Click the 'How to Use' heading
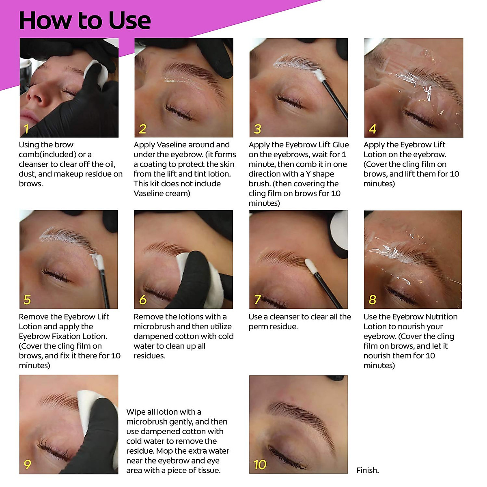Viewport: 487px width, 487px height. [x=84, y=20]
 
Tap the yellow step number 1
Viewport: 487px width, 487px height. [x=26, y=129]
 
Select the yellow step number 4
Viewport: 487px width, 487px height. [x=372, y=129]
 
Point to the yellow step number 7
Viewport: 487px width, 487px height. [x=257, y=300]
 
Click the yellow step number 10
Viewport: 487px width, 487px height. [x=259, y=465]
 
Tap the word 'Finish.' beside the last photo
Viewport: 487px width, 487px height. [x=367, y=470]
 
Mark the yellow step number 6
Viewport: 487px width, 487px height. [x=142, y=300]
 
